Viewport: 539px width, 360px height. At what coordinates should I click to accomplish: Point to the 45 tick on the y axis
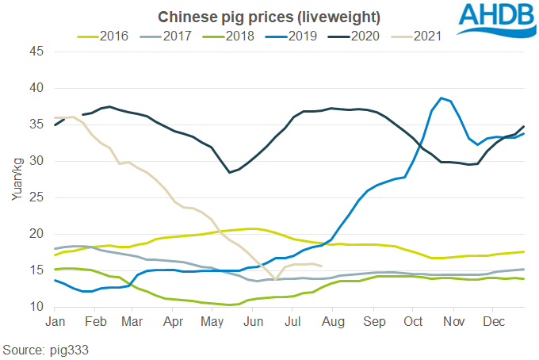[36, 52]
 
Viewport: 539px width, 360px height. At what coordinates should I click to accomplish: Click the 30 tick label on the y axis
[36, 161]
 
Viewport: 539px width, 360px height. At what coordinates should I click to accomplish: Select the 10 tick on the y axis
[36, 307]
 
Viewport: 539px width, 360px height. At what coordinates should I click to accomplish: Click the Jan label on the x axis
[55, 322]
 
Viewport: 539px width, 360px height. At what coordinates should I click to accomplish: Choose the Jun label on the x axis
[254, 322]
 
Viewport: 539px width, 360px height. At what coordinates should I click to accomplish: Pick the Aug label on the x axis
[333, 322]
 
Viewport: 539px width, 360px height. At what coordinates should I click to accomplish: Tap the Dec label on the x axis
[494, 322]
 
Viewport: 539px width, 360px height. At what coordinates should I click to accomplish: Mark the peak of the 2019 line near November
[442, 98]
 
